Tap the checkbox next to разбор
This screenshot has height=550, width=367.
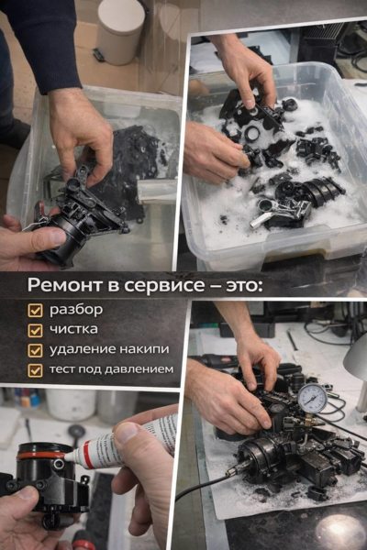click(x=35, y=311)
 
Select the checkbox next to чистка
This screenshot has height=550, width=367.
click(x=35, y=330)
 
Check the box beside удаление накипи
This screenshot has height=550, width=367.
click(x=35, y=350)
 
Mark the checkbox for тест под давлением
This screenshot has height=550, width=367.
click(x=35, y=370)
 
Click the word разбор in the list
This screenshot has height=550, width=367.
click(x=76, y=310)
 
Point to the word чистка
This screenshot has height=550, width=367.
click(x=73, y=329)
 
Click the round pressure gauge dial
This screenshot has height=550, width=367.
click(x=313, y=399)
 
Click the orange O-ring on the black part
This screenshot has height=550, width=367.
click(x=41, y=456)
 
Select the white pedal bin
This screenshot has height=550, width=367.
click(x=120, y=31)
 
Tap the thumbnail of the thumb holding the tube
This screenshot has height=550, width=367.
click(x=128, y=432)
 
